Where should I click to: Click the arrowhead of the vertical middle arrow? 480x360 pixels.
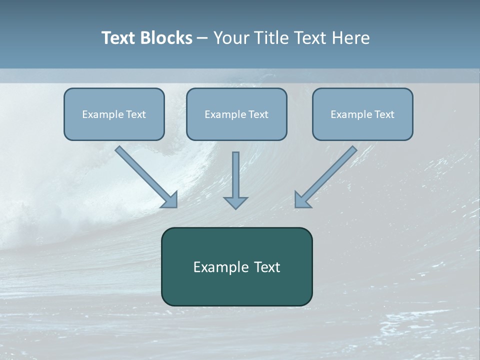(x=235, y=202)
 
